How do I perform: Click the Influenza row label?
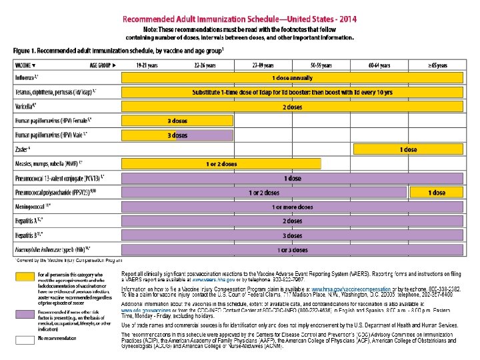(x=27, y=77)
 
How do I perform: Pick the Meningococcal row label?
(x=33, y=207)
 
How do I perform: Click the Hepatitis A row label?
(x=29, y=221)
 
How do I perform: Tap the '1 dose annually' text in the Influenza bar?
(x=292, y=78)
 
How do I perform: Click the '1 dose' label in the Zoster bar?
(x=409, y=150)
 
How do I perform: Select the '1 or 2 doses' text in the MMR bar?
(x=222, y=164)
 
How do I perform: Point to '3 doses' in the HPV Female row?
(x=178, y=121)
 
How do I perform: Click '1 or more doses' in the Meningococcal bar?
(x=292, y=207)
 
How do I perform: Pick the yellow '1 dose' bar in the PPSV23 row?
(x=437, y=193)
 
